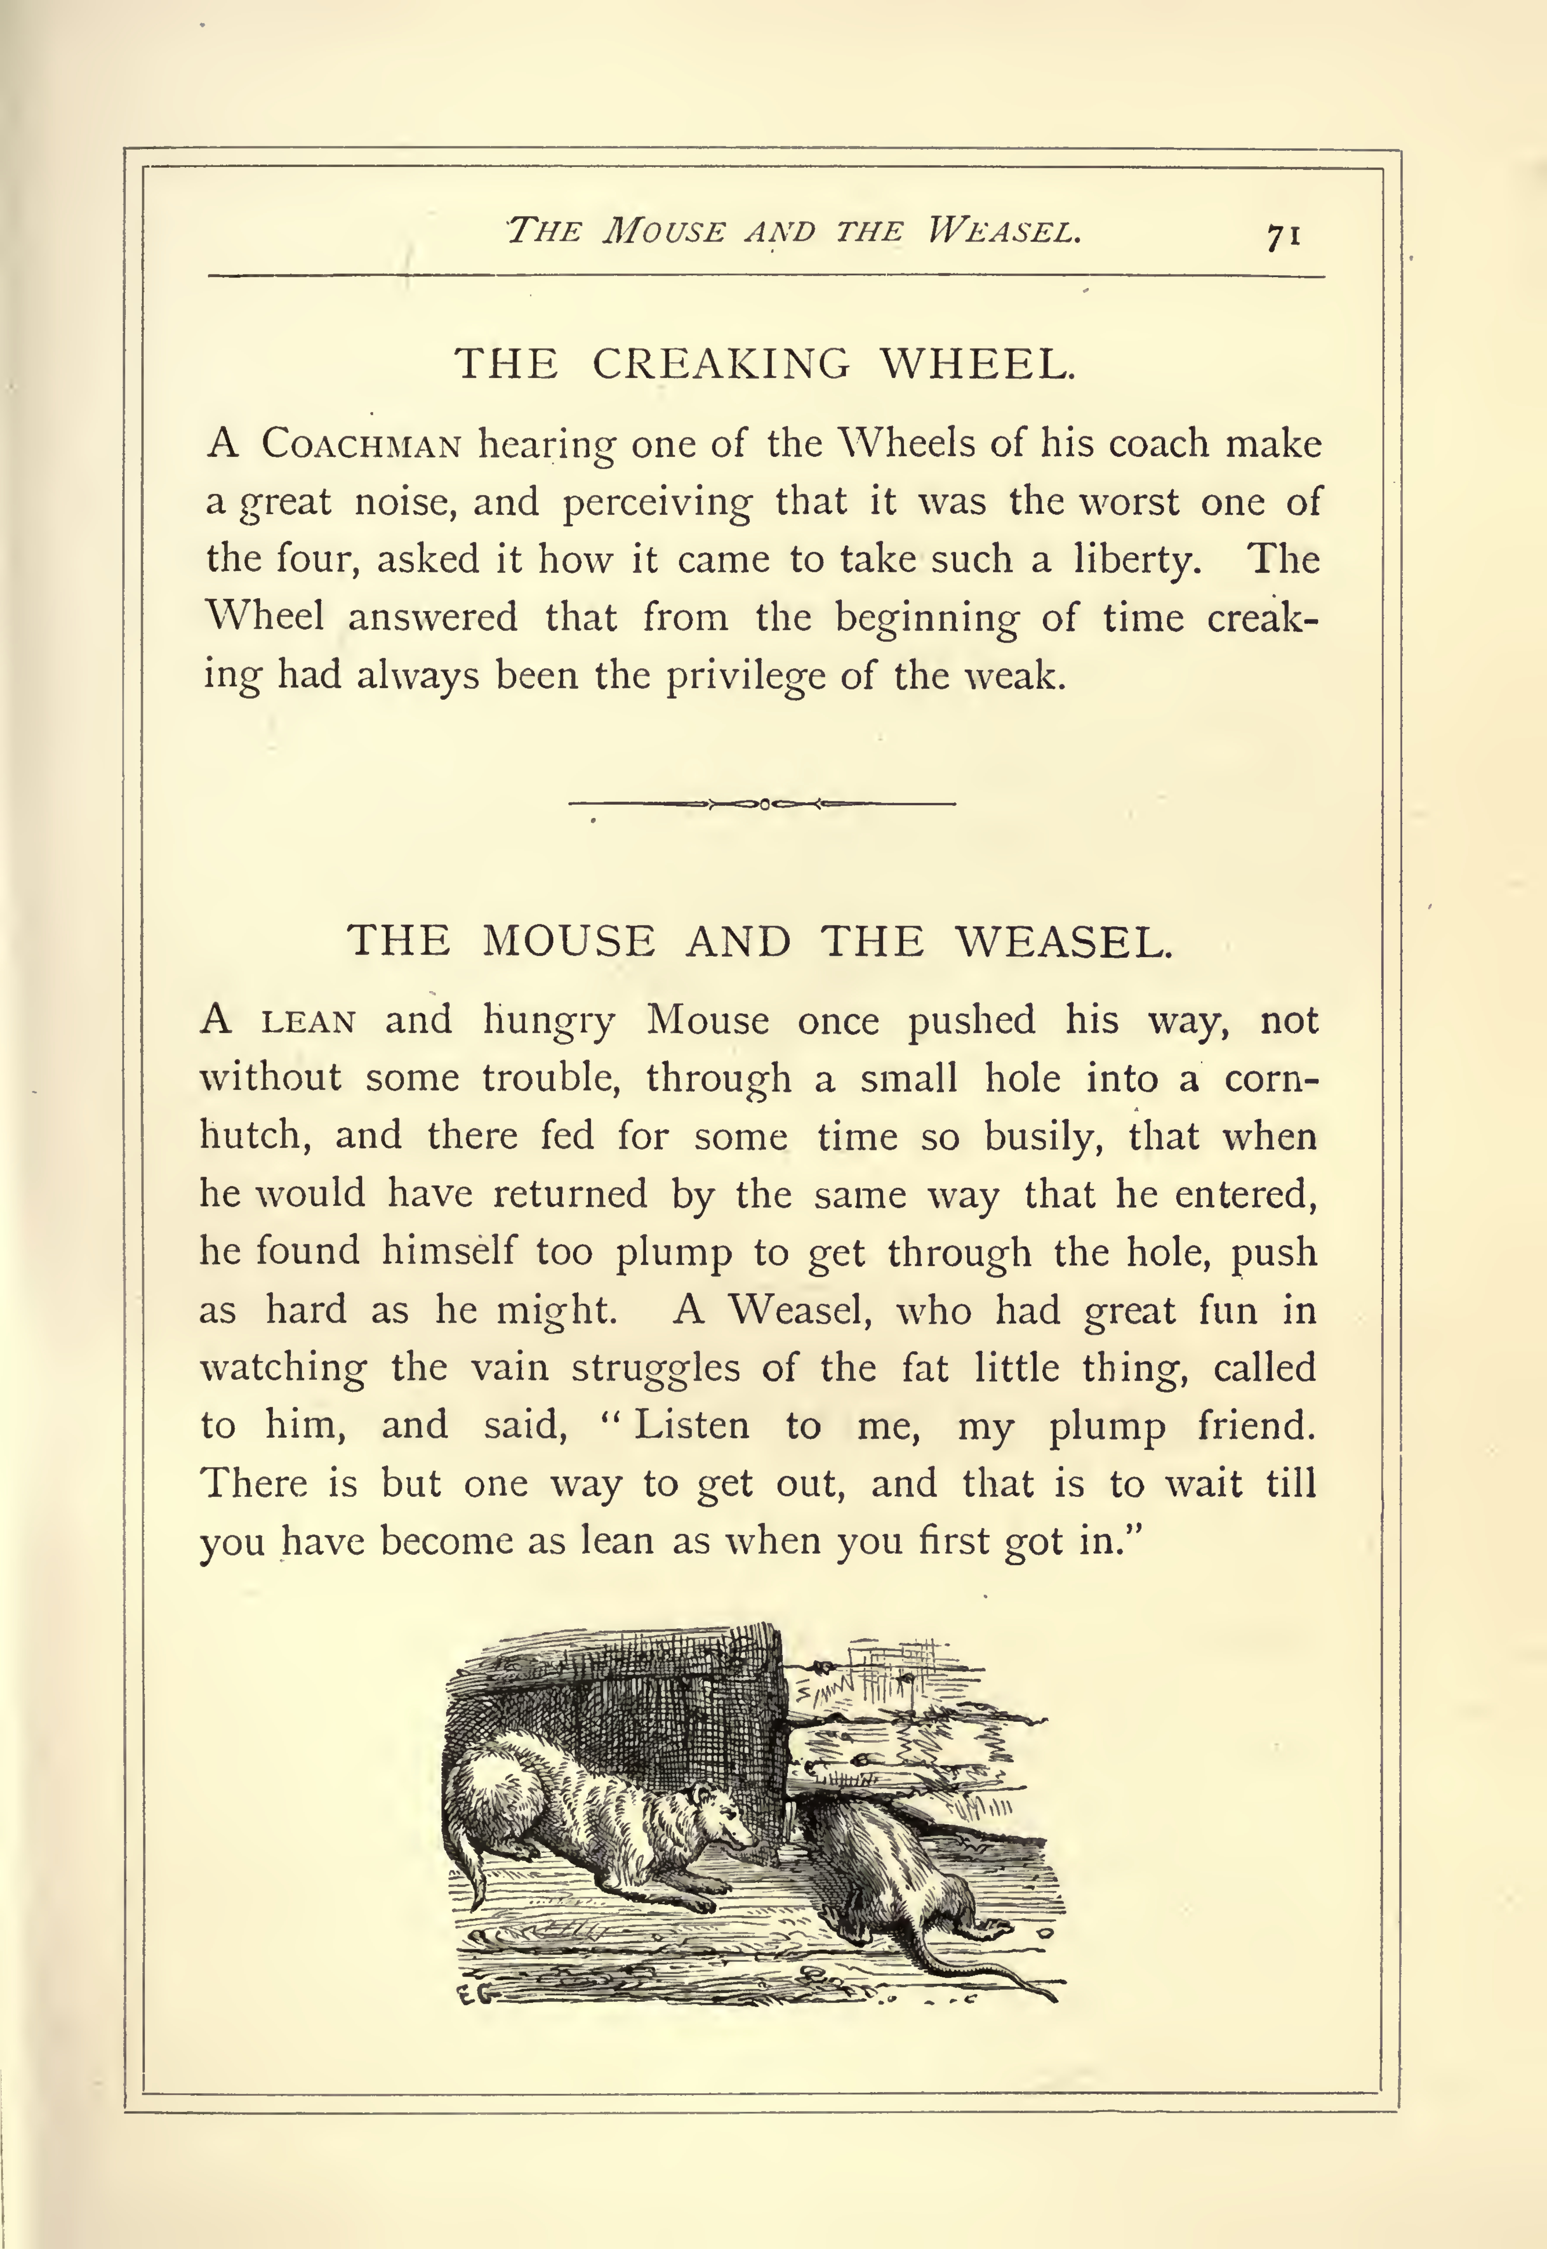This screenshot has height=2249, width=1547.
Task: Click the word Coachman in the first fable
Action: pyautogui.click(x=360, y=445)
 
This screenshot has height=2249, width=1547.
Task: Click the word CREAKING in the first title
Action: pyautogui.click(x=721, y=364)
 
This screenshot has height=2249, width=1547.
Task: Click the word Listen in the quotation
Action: pyautogui.click(x=691, y=1427)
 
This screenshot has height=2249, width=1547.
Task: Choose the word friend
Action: pyautogui.click(x=1256, y=1427)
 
